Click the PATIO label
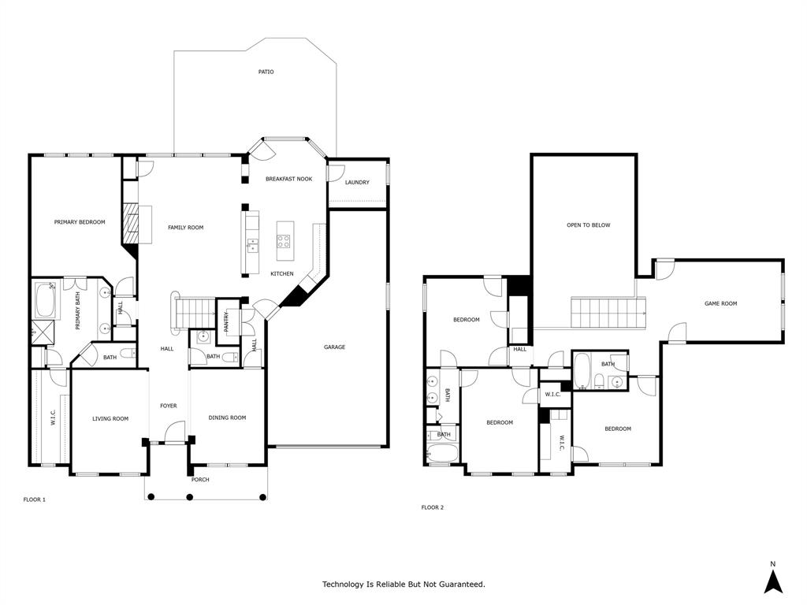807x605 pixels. point(266,72)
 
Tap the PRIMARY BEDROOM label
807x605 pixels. point(80,222)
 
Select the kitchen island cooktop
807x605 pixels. point(284,242)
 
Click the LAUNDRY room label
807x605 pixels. point(357,183)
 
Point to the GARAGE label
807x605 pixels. point(334,347)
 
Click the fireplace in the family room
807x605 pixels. point(131,224)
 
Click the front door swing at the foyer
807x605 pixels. point(175,432)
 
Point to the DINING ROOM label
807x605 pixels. point(227,418)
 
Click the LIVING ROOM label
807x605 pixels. point(110,418)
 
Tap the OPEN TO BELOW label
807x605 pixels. point(589,225)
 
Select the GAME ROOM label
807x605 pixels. point(720,303)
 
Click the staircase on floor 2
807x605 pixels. point(608,313)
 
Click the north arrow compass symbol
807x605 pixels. point(773,580)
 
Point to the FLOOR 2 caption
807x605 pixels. point(432,507)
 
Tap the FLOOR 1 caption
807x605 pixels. point(34,499)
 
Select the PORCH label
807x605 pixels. point(200,480)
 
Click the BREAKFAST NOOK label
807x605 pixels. point(288,179)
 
